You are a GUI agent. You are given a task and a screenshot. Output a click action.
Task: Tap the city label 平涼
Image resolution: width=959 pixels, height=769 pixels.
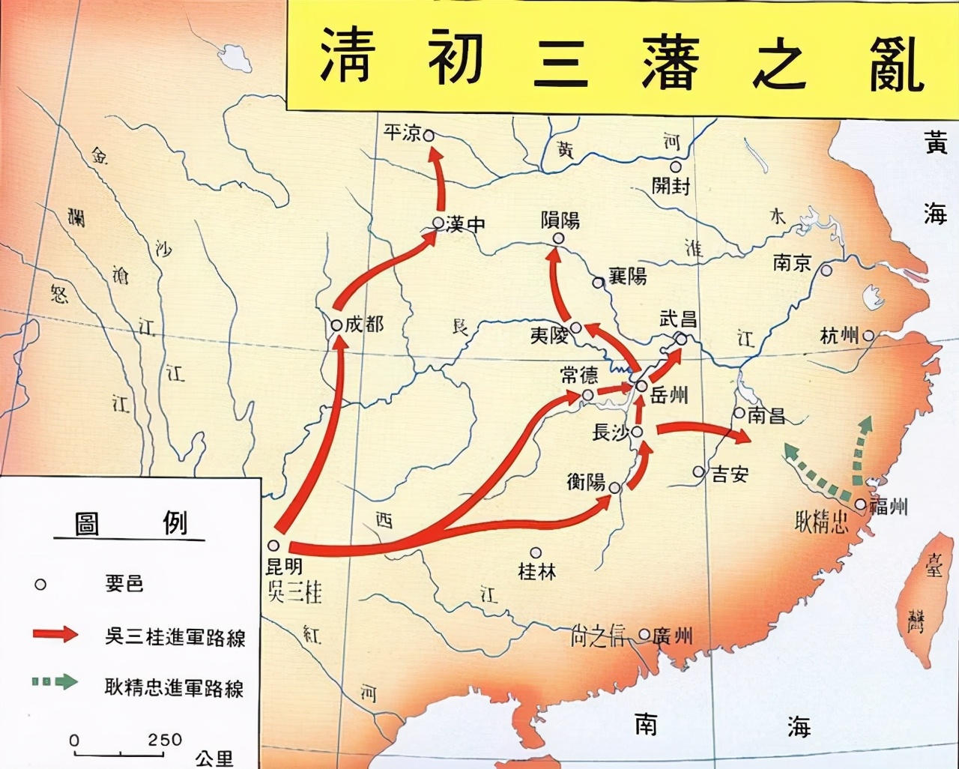point(402,133)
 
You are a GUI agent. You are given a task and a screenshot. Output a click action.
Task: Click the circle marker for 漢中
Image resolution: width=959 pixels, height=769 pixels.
point(438,223)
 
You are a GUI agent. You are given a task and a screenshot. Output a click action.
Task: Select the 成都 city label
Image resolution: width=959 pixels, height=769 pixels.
point(364,324)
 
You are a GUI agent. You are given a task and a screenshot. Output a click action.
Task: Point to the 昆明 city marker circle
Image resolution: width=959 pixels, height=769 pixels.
point(274,546)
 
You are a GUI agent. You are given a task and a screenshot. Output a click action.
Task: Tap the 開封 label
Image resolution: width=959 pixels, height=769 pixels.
point(671,185)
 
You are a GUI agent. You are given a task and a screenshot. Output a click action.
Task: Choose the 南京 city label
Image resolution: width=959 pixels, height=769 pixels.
point(793,263)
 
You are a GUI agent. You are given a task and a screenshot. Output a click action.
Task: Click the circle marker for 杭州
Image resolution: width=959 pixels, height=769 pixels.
point(868,336)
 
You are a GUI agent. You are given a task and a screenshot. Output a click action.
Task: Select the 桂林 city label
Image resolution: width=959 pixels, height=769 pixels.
point(537,571)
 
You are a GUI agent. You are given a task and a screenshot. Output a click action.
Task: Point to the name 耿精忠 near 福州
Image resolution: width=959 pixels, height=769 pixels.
point(822,520)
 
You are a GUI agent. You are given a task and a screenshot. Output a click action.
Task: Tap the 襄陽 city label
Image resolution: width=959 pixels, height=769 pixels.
point(627,276)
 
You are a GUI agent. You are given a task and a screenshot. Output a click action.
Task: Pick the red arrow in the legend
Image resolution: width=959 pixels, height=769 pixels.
point(55,634)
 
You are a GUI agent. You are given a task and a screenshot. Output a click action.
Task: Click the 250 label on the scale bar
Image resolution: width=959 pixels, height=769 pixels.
point(165,740)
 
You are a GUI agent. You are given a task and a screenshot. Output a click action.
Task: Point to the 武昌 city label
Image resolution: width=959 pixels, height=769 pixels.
point(678,319)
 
